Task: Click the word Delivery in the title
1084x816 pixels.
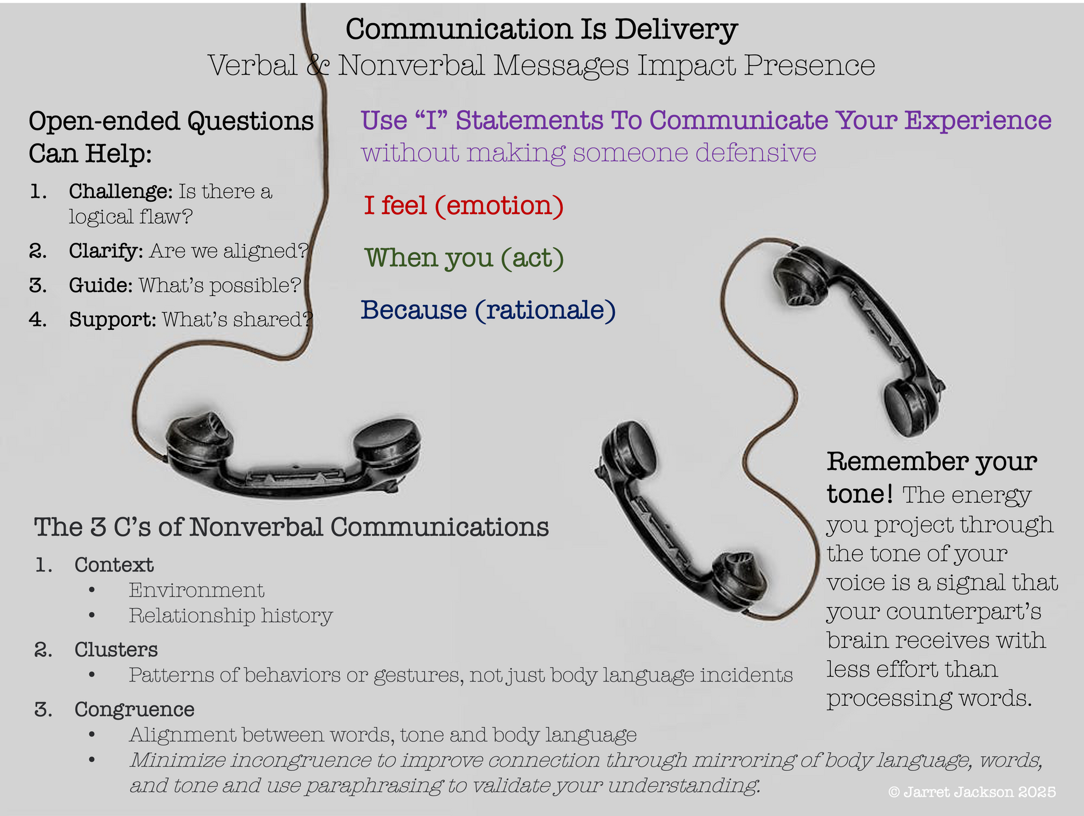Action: point(676,29)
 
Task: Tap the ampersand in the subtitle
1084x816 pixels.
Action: point(318,65)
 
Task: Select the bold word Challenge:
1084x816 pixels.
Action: point(120,192)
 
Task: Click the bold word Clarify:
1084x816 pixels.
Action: point(106,251)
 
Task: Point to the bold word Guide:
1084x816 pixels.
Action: point(100,285)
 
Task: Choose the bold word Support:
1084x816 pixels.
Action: point(112,320)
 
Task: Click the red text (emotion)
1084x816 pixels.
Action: point(499,206)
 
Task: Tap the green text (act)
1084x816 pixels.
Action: point(532,258)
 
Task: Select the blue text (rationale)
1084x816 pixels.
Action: point(545,310)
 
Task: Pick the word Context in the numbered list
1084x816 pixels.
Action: point(114,565)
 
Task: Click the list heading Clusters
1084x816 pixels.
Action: point(116,649)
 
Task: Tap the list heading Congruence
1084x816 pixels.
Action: point(134,709)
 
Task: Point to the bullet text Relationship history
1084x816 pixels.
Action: point(231,615)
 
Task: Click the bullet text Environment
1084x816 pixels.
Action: point(196,590)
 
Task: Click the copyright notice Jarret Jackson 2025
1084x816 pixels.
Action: point(972,792)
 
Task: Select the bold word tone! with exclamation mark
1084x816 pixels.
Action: point(860,494)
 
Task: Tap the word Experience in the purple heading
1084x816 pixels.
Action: point(978,121)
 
